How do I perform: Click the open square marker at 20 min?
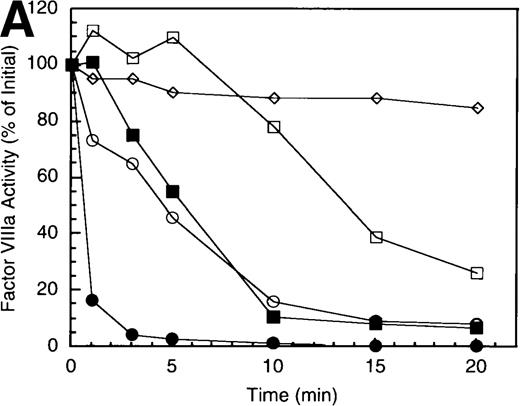[x=477, y=273]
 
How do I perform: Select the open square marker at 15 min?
[x=376, y=238]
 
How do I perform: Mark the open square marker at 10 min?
[x=274, y=127]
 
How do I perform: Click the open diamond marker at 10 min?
[x=274, y=98]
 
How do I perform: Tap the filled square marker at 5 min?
[x=173, y=191]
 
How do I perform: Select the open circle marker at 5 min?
[x=173, y=217]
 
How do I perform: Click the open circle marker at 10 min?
[x=274, y=301]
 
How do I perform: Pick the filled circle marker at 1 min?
[x=92, y=300]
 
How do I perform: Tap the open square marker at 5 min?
[x=173, y=38]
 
